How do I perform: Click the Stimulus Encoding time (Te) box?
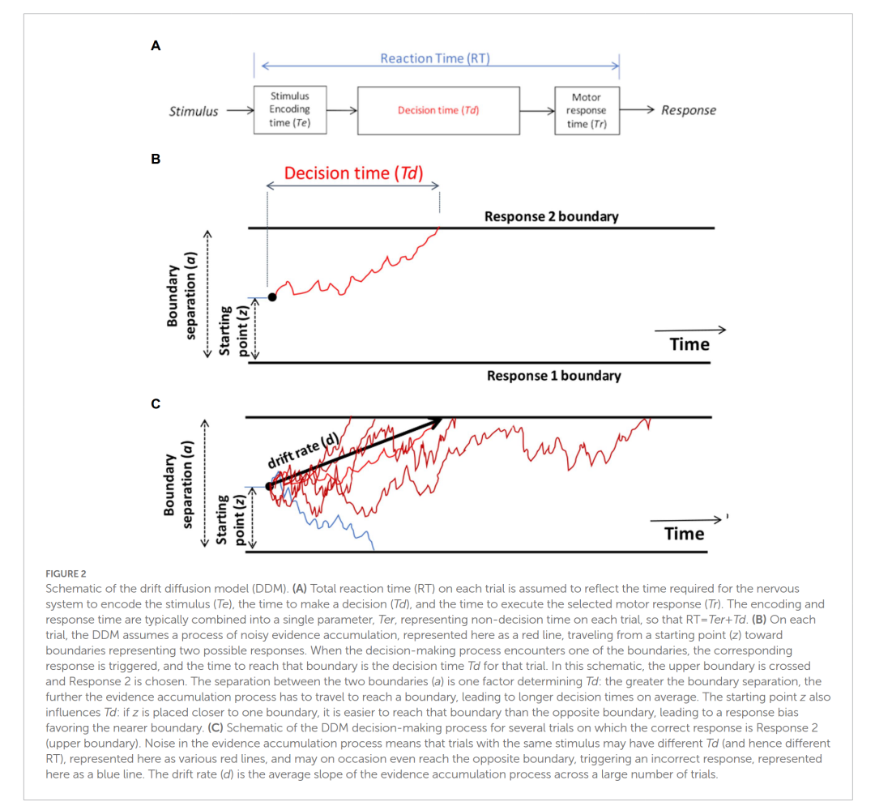[289, 109]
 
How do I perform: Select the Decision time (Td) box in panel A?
[438, 110]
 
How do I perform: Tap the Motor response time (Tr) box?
[587, 110]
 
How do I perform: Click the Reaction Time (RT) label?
[435, 58]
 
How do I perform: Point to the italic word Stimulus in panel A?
[193, 112]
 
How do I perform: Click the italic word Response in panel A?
[688, 110]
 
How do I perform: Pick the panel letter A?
[156, 46]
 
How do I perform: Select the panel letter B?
[156, 159]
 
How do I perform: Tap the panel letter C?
[156, 403]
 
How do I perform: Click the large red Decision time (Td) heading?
[353, 173]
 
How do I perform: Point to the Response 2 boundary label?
[551, 216]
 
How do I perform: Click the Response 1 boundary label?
[553, 376]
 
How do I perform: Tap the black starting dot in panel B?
[272, 297]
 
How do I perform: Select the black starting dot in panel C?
[269, 486]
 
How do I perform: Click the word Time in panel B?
[689, 344]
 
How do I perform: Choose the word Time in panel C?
[685, 534]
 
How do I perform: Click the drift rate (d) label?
[303, 451]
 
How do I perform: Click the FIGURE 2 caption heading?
[66, 573]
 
